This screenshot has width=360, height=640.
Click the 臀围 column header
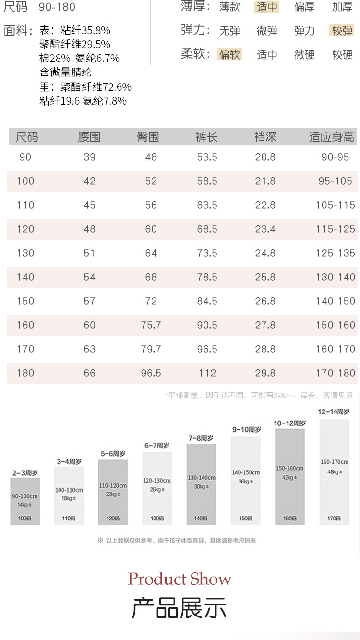pos(148,137)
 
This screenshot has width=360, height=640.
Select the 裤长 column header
pos(207,137)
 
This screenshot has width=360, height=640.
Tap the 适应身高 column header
pos(332,137)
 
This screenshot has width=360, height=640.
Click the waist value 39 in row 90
pos(90,157)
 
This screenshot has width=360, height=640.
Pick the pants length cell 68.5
pos(207,229)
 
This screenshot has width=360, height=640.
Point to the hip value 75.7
pos(151,325)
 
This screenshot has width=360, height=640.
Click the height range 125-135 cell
pos(336,253)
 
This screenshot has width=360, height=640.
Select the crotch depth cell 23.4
pos(265,229)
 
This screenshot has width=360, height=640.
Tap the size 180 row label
pos(25,373)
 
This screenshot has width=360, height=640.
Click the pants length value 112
pos(207,373)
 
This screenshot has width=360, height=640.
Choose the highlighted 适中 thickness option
pos(267,7)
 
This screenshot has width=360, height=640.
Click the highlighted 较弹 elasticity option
pos(342,31)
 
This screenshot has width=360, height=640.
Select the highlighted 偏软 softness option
pos(229,54)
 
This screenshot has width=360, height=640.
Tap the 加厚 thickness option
pos(342,7)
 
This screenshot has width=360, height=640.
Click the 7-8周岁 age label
pos(201,438)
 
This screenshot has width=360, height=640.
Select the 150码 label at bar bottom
pos(245,519)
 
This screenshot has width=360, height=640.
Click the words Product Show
pos(180,579)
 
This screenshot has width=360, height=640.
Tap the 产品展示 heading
pos(179,608)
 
